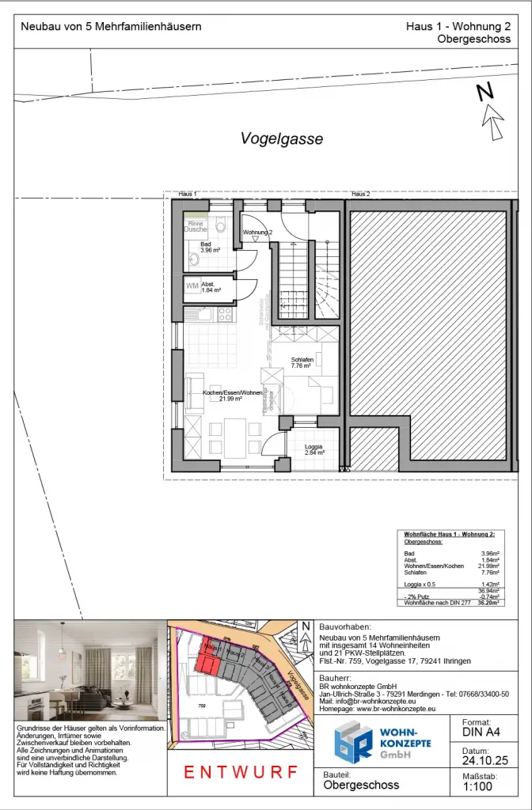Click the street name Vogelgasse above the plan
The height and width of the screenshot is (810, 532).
282,139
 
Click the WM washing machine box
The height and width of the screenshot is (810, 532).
192,286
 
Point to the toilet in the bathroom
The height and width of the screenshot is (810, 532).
219,225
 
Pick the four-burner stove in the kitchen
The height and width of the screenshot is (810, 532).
224,313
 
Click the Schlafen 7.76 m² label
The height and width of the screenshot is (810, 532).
302,363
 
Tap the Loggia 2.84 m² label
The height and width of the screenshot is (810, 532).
314,450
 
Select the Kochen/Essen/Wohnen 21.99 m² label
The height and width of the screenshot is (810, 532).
232,396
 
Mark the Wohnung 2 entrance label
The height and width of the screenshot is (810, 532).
257,232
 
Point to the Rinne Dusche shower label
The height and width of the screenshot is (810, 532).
196,226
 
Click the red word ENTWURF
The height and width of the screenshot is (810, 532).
241,772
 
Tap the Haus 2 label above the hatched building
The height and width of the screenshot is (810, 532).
361,194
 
